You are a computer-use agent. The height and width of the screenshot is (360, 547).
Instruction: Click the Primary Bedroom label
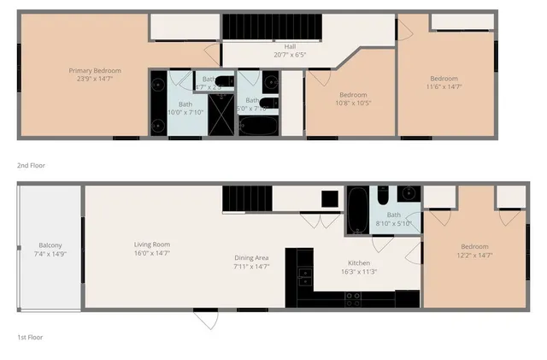point(95,70)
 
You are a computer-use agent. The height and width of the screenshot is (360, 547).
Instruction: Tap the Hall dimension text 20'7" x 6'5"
point(289,55)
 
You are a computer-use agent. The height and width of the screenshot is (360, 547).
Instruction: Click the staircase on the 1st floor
point(248,200)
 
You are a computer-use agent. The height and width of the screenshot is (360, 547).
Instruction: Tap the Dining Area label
point(252,257)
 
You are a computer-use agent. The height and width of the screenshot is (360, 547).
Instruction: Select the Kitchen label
point(358,263)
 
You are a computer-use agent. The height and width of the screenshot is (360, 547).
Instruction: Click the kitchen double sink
point(304,275)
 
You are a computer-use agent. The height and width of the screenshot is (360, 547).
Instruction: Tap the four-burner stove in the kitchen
point(352,298)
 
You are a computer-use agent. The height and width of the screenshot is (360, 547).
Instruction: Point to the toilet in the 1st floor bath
point(382,196)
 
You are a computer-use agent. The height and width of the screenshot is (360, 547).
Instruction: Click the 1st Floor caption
point(31,337)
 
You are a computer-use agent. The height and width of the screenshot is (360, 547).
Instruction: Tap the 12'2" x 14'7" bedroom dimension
point(475,255)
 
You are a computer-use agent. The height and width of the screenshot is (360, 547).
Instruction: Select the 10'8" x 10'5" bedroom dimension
point(353,103)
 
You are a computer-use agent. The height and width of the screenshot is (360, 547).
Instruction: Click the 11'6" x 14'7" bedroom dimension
point(444,86)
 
